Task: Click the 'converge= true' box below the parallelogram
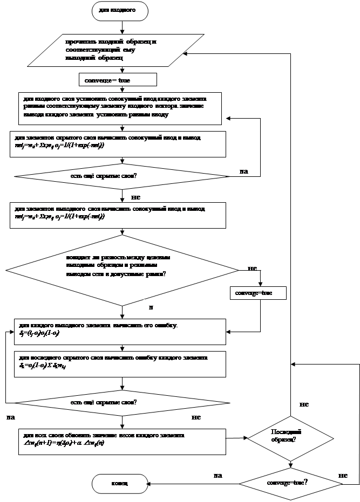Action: (x=118, y=80)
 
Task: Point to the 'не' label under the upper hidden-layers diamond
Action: (x=135, y=197)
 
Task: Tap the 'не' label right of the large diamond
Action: (x=253, y=268)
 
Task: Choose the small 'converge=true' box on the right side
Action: (x=257, y=293)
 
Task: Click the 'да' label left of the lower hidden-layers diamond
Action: (x=11, y=417)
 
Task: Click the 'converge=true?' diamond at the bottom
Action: (x=290, y=483)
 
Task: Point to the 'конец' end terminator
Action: (x=120, y=483)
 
